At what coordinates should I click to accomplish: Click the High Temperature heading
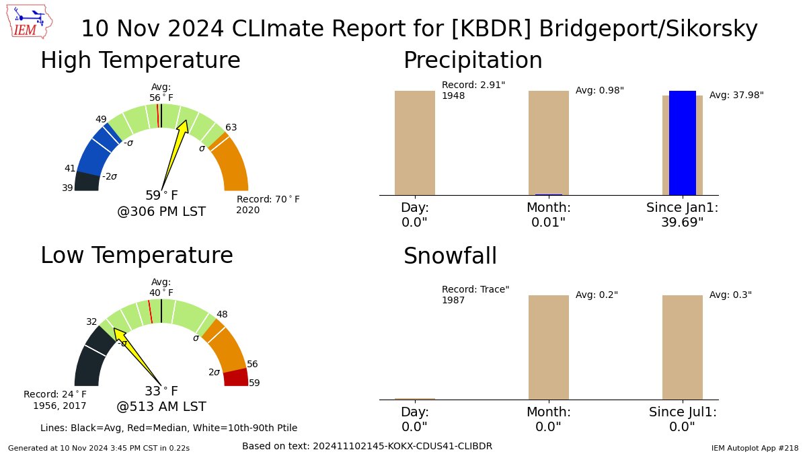coord(140,61)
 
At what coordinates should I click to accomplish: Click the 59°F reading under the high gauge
coord(161,196)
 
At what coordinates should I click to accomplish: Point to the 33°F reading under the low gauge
coord(161,391)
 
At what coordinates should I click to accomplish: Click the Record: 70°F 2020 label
coord(268,204)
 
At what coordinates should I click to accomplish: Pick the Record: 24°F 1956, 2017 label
coord(55,400)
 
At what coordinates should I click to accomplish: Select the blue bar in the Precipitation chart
coord(682,143)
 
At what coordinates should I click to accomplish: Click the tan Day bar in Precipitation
coord(414,143)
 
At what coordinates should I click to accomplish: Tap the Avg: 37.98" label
coord(736,96)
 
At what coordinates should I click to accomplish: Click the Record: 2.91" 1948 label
coord(473,90)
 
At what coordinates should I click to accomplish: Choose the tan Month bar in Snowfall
coord(548,347)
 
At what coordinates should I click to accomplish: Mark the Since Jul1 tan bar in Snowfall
coord(682,347)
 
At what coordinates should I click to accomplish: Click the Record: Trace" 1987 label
coord(475,295)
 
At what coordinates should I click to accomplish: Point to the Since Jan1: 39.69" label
coord(682,215)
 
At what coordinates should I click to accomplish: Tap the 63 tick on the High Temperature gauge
coord(231,127)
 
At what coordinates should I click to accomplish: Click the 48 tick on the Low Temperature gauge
coord(221,314)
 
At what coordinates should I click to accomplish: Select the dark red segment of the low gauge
coord(236,377)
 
